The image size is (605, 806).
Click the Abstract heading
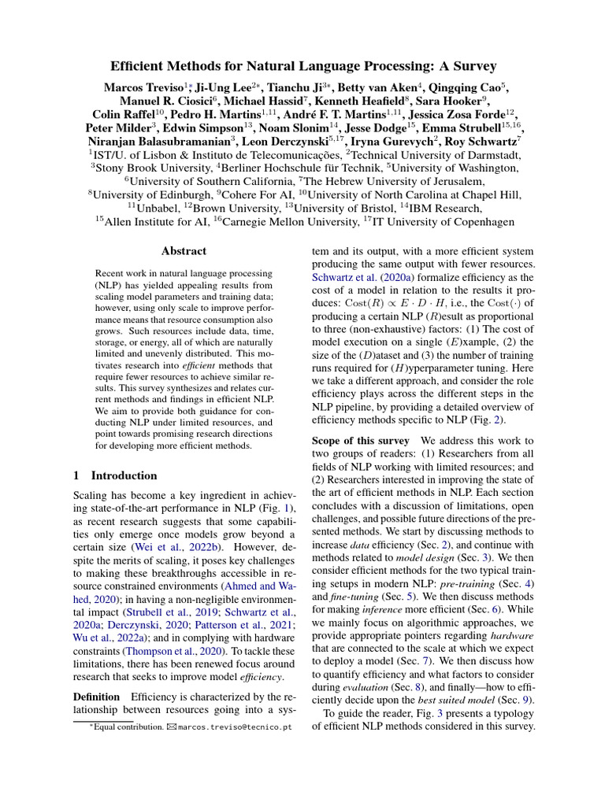tap(184, 251)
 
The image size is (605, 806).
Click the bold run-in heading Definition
tap(96, 697)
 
